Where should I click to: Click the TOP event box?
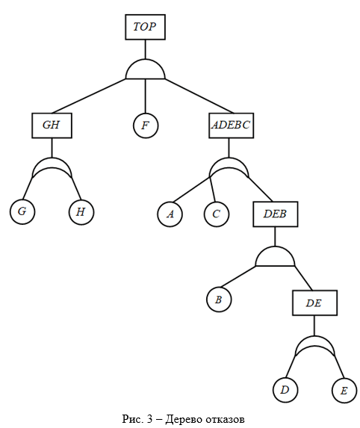click(145, 27)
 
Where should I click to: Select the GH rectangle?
click(52, 125)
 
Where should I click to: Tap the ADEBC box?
click(232, 125)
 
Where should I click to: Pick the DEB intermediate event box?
click(276, 214)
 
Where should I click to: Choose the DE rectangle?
click(314, 303)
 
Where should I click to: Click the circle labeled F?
click(146, 125)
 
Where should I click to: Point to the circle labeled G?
click(22, 212)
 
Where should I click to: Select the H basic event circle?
click(81, 212)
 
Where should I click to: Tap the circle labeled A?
click(170, 214)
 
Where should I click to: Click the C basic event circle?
click(217, 214)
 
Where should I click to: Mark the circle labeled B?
click(219, 300)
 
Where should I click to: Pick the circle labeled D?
click(285, 390)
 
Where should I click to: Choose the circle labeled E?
click(344, 391)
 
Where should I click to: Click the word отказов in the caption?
click(225, 419)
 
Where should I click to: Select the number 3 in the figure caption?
click(149, 419)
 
